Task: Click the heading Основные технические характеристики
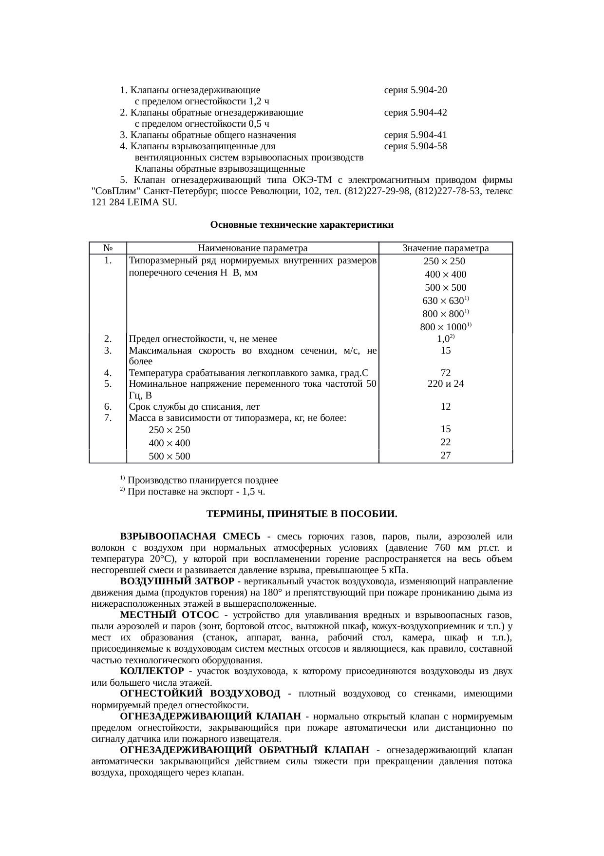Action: click(302, 225)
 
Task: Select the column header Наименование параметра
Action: click(252, 248)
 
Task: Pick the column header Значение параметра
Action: click(445, 248)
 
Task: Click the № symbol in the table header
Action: click(108, 248)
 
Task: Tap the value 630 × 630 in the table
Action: click(444, 301)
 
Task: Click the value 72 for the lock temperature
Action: click(445, 373)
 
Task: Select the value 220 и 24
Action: click(445, 384)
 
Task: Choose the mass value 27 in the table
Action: click(445, 455)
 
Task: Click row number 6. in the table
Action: click(108, 406)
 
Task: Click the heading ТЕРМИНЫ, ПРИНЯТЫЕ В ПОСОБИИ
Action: click(302, 515)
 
